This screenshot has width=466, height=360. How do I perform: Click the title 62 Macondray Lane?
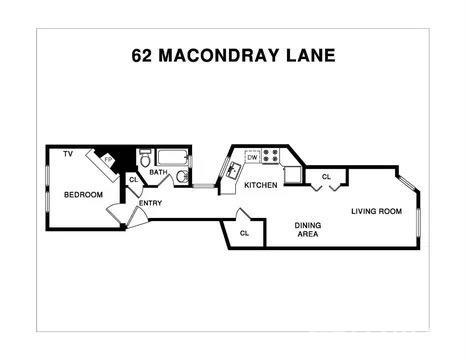tap(233, 56)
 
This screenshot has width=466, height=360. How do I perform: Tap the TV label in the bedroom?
tap(68, 154)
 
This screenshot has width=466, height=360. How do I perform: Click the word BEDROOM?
tap(83, 194)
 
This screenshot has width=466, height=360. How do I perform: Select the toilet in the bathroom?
tap(145, 157)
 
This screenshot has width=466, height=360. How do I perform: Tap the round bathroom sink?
tap(182, 177)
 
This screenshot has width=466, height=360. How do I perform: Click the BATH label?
tap(158, 172)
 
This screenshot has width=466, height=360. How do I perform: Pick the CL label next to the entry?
tap(133, 180)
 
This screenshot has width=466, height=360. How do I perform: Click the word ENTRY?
tap(151, 203)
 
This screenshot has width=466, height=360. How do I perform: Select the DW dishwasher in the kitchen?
tap(252, 157)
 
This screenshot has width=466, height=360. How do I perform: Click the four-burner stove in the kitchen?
tap(271, 157)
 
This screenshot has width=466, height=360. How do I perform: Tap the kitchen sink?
tap(230, 169)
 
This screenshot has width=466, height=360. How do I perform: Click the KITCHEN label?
tap(260, 186)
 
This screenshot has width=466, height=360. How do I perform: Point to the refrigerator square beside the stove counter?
tap(292, 175)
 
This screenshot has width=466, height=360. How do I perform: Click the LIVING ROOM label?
tap(375, 211)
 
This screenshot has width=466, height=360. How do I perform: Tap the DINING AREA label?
tap(307, 231)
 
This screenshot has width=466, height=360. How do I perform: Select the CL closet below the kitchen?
tap(245, 234)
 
